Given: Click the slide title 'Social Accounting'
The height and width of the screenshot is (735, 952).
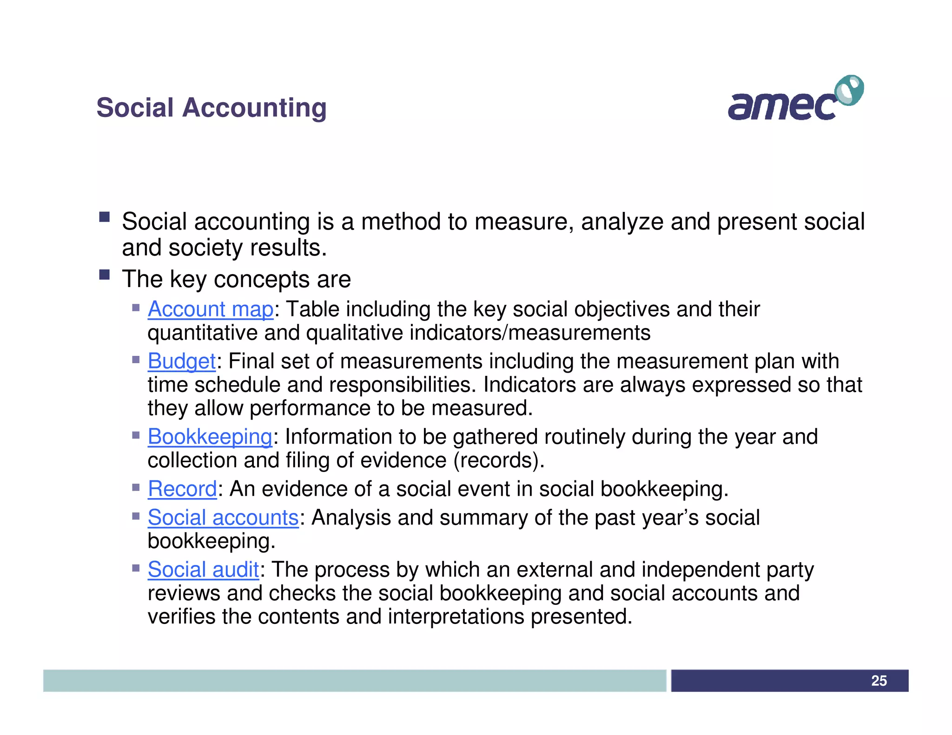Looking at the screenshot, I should pos(212,108).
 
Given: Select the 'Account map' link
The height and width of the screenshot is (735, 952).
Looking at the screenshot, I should pos(211,309).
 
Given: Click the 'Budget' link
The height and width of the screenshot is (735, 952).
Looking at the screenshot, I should pos(182,361).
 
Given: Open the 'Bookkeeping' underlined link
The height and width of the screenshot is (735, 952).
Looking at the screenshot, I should pos(210,437).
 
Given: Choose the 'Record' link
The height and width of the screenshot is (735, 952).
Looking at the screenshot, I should pos(182,489).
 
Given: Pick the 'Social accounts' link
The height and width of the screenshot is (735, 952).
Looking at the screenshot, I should pos(223,518).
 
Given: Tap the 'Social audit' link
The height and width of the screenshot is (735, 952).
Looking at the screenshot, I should pos(203,570).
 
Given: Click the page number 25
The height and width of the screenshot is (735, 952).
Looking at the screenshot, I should pos(879,681).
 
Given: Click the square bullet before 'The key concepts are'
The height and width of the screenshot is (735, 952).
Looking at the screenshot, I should pos(104,275).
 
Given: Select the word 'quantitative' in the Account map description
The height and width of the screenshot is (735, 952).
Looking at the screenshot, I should pos(203,333).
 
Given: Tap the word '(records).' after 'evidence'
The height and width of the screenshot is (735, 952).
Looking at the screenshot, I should pos(498,460).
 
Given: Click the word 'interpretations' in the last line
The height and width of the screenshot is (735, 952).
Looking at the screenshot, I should pos(456,617).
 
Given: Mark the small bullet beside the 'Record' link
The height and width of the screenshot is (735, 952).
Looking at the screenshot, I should pos(136,487).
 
